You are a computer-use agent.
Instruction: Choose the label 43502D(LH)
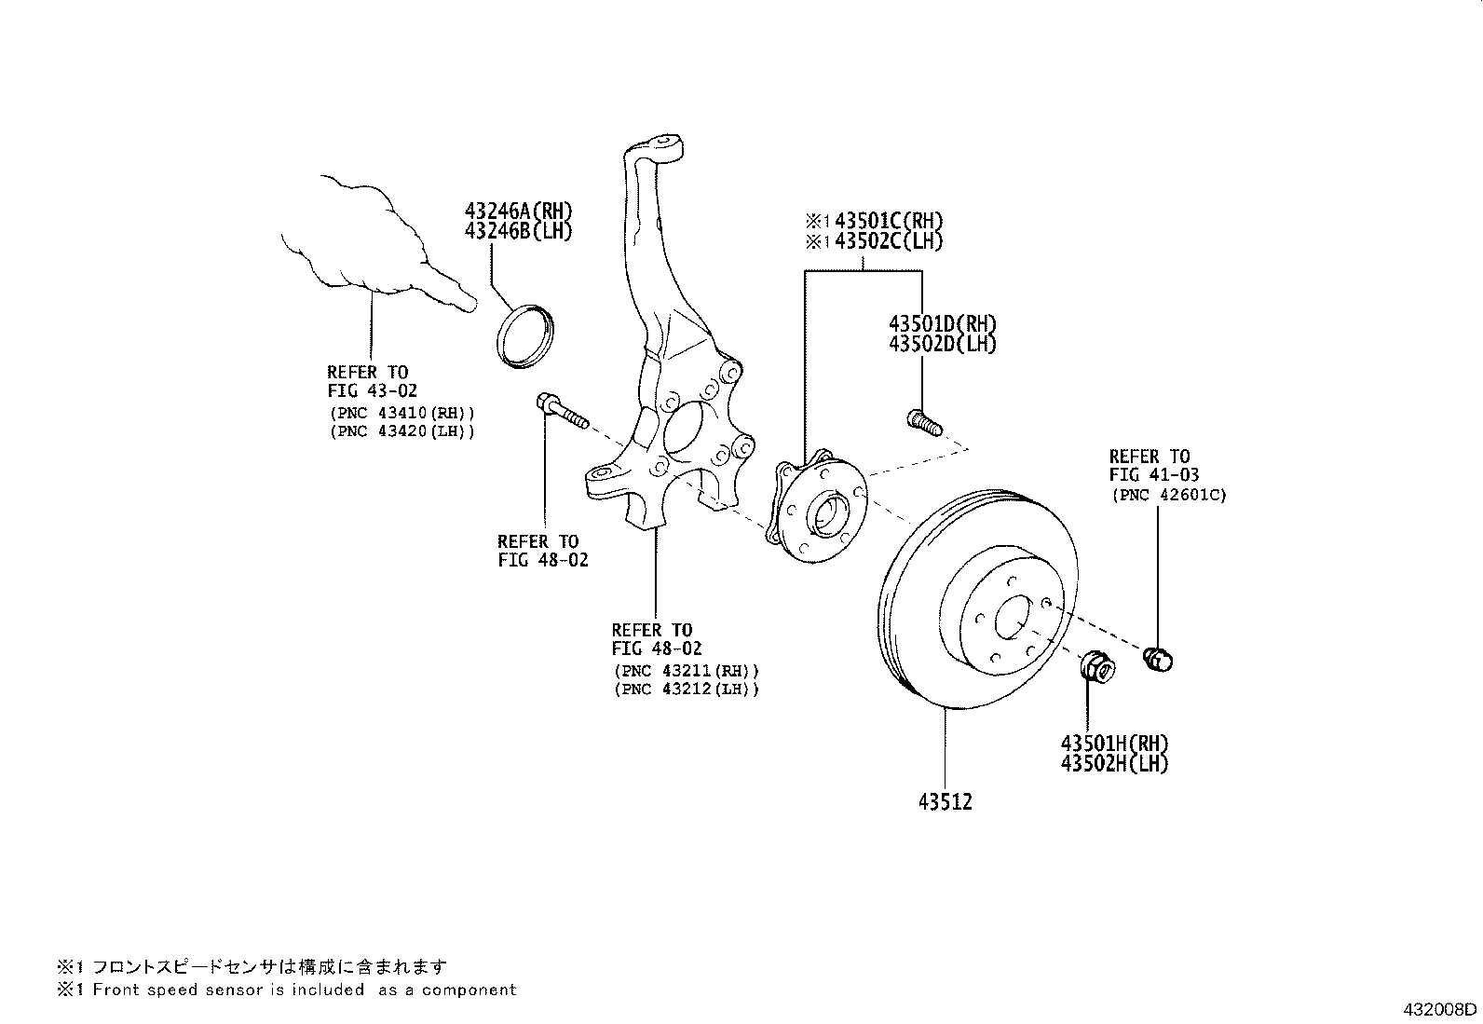tap(942, 344)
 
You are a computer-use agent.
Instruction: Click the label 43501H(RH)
tap(1113, 744)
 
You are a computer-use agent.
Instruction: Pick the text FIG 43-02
tap(372, 391)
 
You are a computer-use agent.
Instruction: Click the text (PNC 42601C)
tap(1168, 496)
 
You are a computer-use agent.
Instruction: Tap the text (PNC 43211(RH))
tap(686, 670)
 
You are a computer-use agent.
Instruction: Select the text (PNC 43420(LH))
tap(401, 431)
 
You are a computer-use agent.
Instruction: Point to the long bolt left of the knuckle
tap(562, 413)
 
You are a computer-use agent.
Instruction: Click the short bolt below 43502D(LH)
tap(923, 423)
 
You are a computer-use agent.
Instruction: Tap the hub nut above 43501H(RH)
tap(1095, 668)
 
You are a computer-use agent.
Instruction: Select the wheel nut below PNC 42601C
tap(1158, 658)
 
